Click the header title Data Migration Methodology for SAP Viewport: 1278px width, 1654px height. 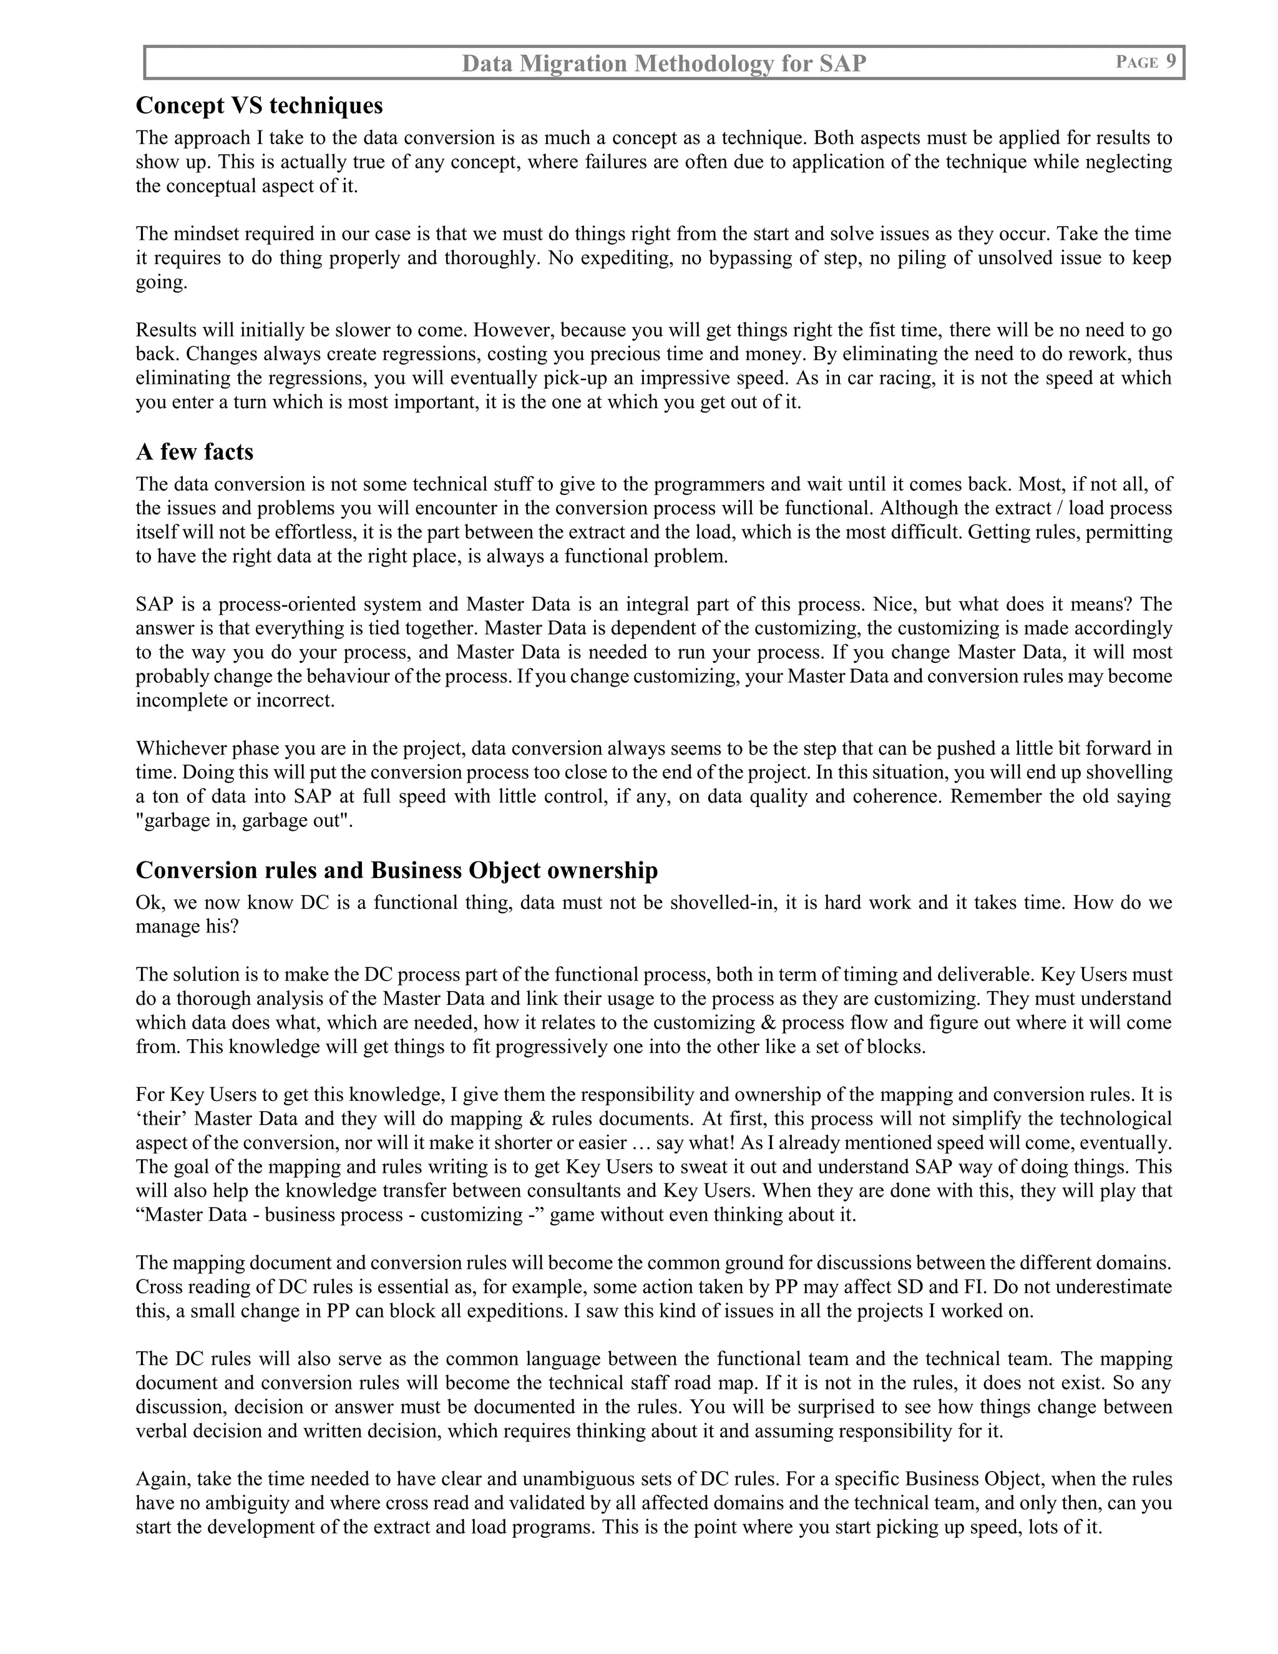[x=663, y=64]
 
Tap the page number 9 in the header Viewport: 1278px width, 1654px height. [x=1171, y=62]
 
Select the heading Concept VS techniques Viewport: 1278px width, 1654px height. [x=259, y=105]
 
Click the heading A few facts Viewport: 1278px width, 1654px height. [x=195, y=451]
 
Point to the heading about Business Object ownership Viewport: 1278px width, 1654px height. [x=397, y=870]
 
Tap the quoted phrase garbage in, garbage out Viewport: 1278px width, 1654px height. [x=245, y=820]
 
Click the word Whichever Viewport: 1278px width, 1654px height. [x=180, y=749]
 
